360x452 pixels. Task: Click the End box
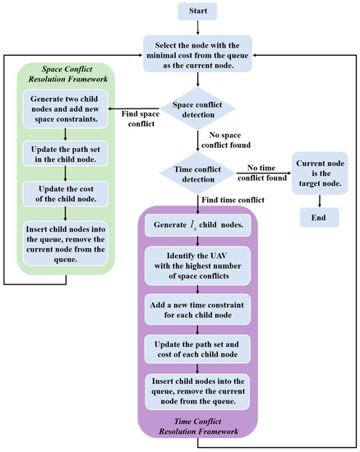click(318, 218)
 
